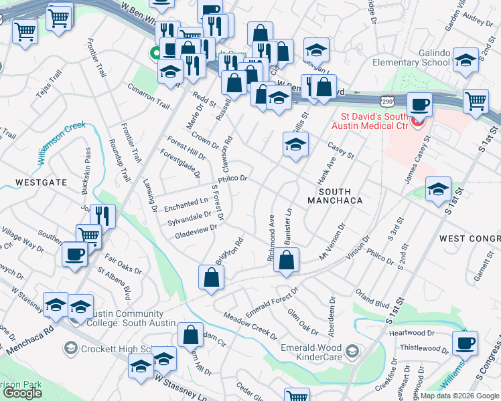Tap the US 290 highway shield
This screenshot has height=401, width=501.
(x=386, y=101)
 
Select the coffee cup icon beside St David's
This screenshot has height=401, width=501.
(x=419, y=104)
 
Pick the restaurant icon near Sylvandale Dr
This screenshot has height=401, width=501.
(x=102, y=215)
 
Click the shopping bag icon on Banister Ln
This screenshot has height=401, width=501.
(x=286, y=261)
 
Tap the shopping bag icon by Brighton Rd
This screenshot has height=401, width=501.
(x=210, y=278)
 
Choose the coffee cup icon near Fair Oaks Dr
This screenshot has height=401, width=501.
(x=74, y=254)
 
